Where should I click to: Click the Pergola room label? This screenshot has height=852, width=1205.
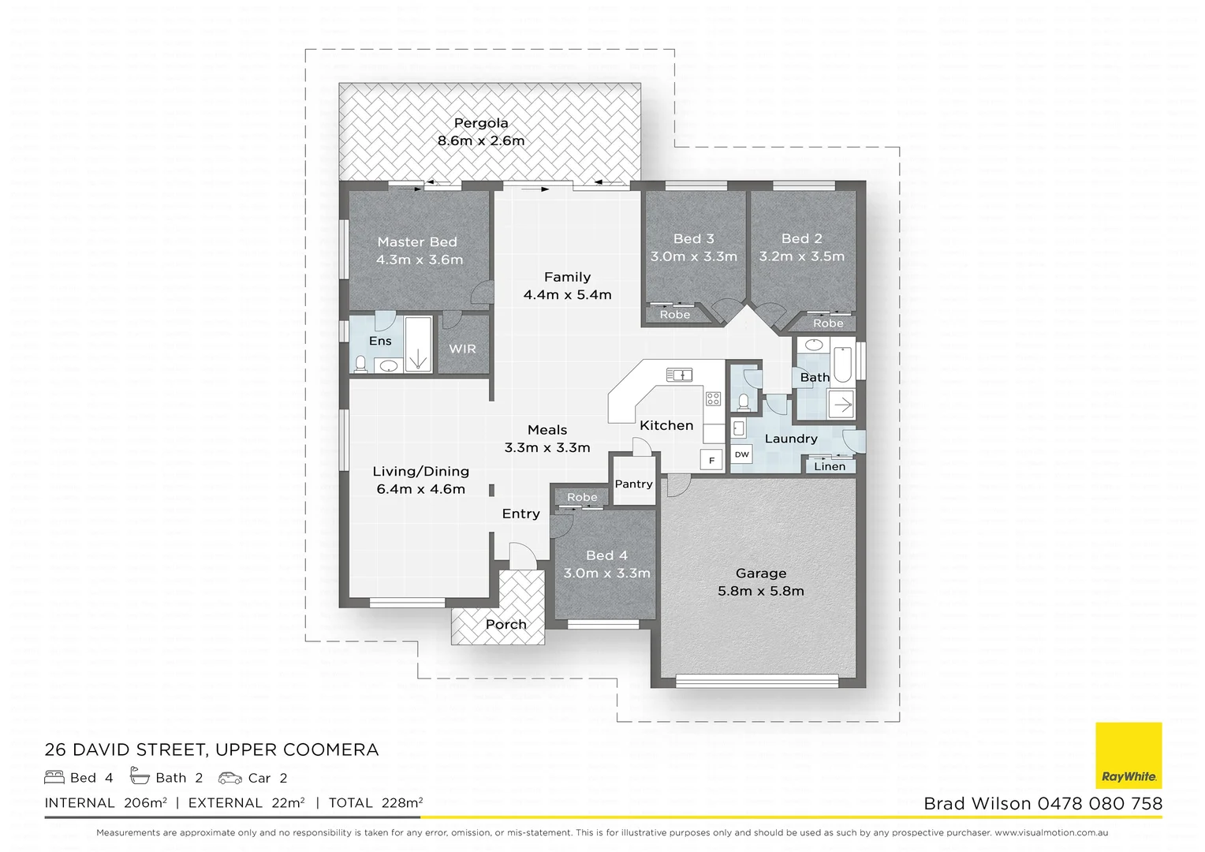point(481,123)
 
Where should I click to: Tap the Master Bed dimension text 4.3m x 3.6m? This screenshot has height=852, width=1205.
point(420,260)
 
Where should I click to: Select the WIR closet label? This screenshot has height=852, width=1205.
point(462,349)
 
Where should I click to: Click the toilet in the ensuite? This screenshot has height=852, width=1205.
point(361,364)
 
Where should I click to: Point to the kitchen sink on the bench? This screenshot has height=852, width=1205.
point(678,374)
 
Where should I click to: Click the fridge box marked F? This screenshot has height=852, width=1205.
point(712,460)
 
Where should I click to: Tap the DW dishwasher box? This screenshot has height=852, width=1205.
point(741,454)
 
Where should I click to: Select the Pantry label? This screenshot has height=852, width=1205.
point(633,484)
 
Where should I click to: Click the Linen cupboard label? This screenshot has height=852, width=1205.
point(830,466)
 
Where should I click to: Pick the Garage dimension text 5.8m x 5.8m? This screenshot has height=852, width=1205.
point(761,591)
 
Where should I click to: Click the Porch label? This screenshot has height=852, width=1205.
point(506,624)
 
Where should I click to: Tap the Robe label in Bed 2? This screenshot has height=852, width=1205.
point(828,323)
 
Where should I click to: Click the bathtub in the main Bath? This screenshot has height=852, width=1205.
point(843,364)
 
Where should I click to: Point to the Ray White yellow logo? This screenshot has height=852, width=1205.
point(1129,755)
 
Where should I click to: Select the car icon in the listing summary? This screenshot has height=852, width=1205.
point(230,778)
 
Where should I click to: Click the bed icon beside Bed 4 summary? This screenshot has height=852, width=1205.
point(54,778)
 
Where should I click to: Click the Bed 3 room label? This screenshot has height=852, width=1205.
point(693,238)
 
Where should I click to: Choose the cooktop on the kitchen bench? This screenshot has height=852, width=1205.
point(713,398)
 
